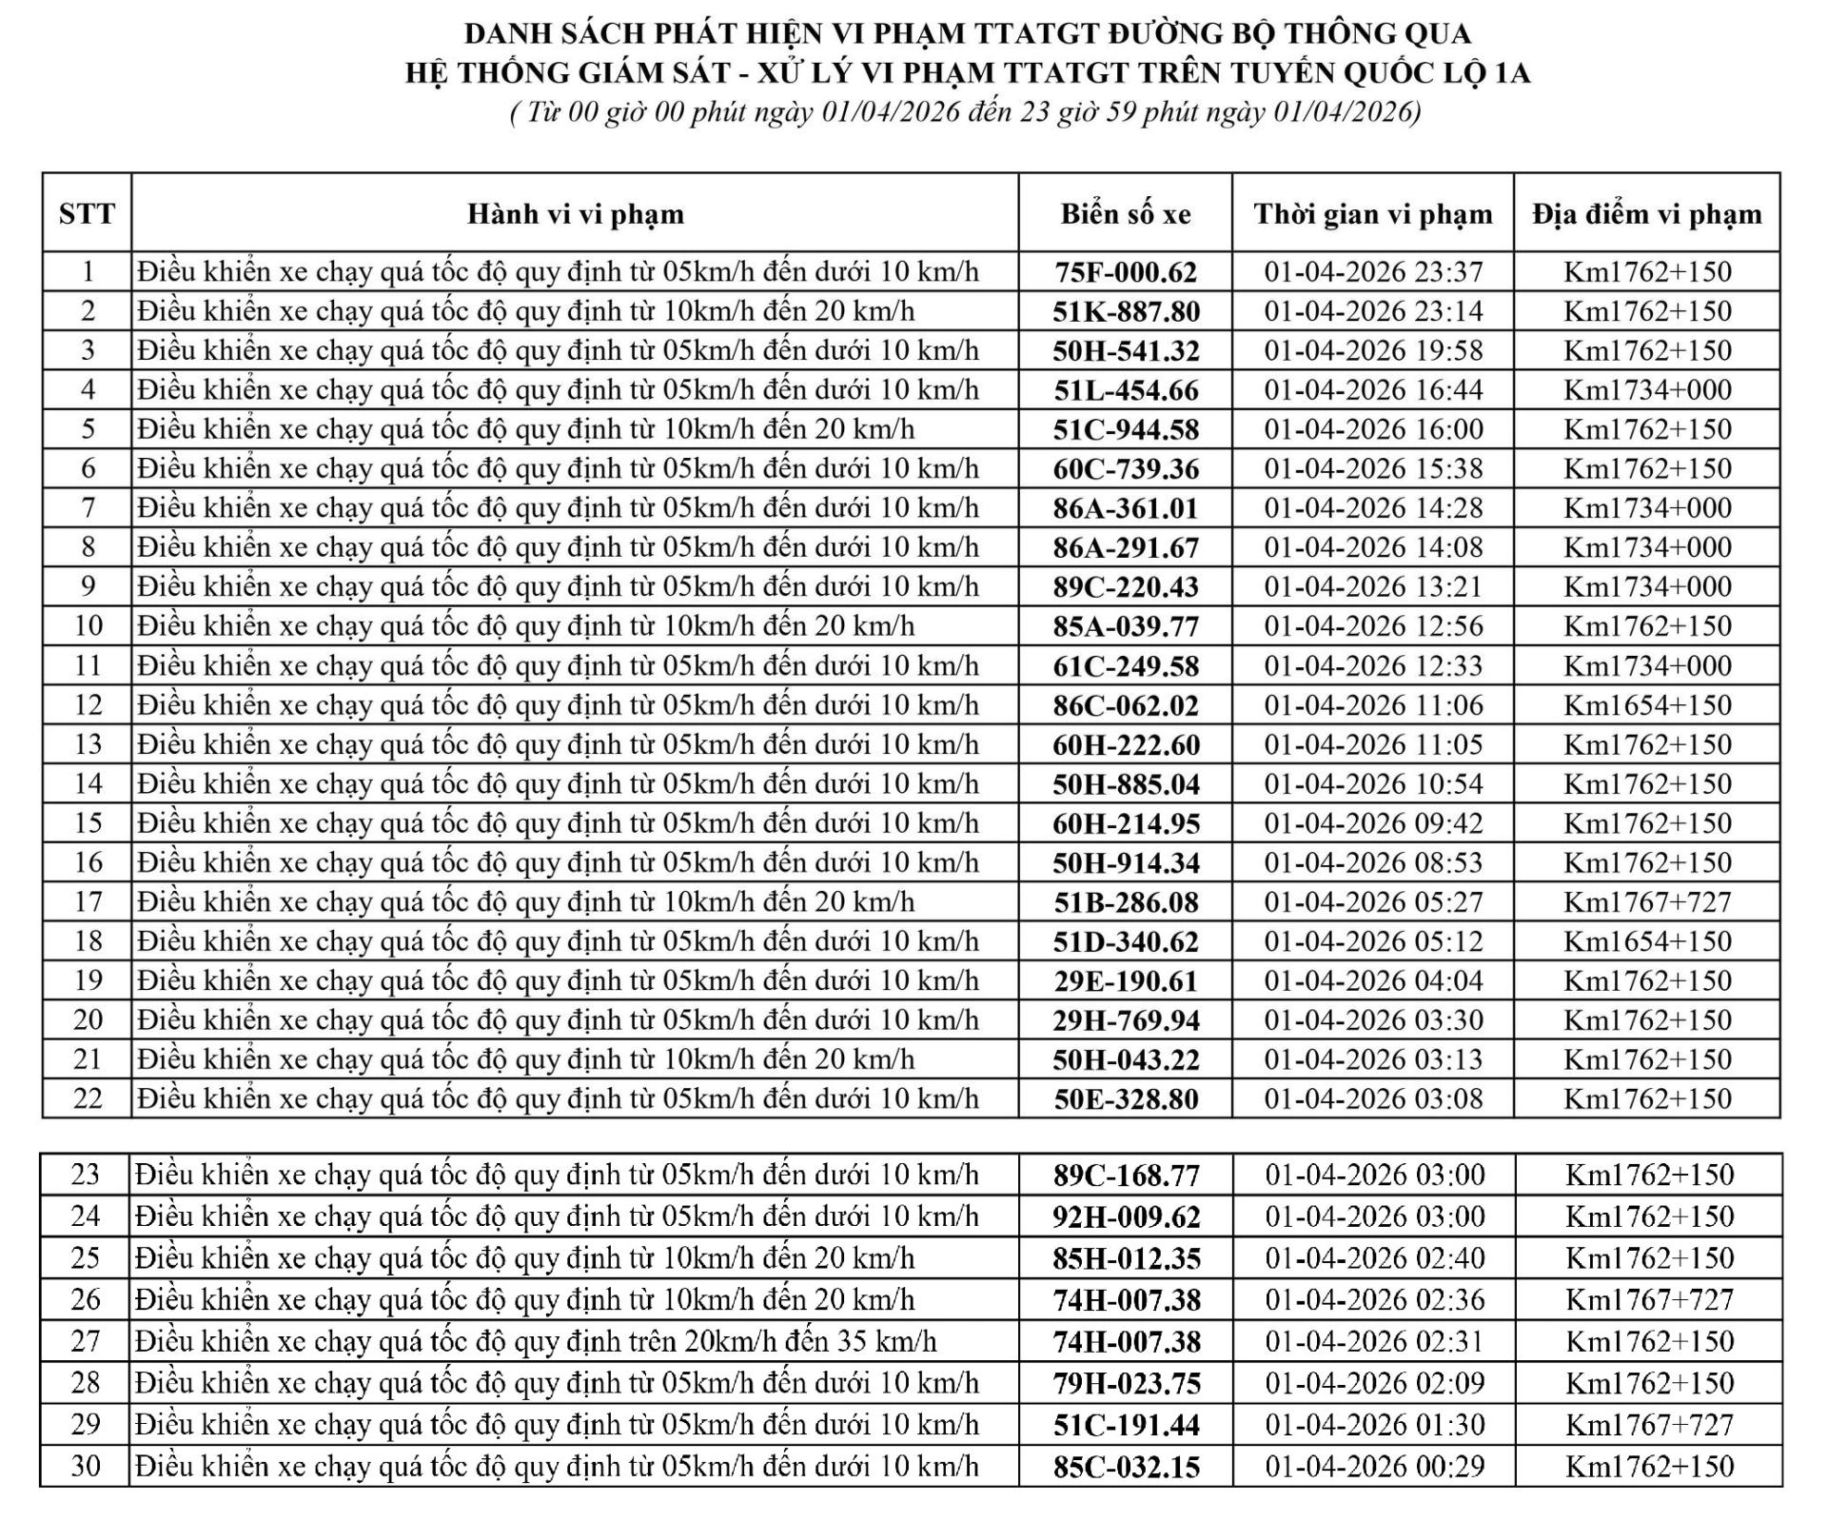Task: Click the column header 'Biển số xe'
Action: coord(1126,214)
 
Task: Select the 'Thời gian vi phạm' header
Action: coord(1372,214)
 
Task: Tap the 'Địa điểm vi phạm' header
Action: coord(1646,214)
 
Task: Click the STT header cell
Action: coord(87,214)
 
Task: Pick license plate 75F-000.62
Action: coord(1126,272)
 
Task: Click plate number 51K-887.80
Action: coord(1126,312)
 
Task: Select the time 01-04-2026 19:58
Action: coord(1372,351)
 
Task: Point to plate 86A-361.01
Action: coord(1126,508)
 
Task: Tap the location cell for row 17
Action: coord(1646,901)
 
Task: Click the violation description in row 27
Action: coord(536,1341)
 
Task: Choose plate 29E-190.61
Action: coord(1126,980)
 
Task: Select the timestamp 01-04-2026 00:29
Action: coord(1374,1466)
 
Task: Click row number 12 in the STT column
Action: coord(88,705)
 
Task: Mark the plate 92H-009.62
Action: coord(1126,1216)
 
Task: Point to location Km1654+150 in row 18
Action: coord(1646,941)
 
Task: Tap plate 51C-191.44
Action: coord(1126,1425)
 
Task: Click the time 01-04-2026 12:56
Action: coord(1372,626)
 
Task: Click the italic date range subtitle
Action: coord(965,113)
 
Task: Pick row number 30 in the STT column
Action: coord(86,1466)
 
